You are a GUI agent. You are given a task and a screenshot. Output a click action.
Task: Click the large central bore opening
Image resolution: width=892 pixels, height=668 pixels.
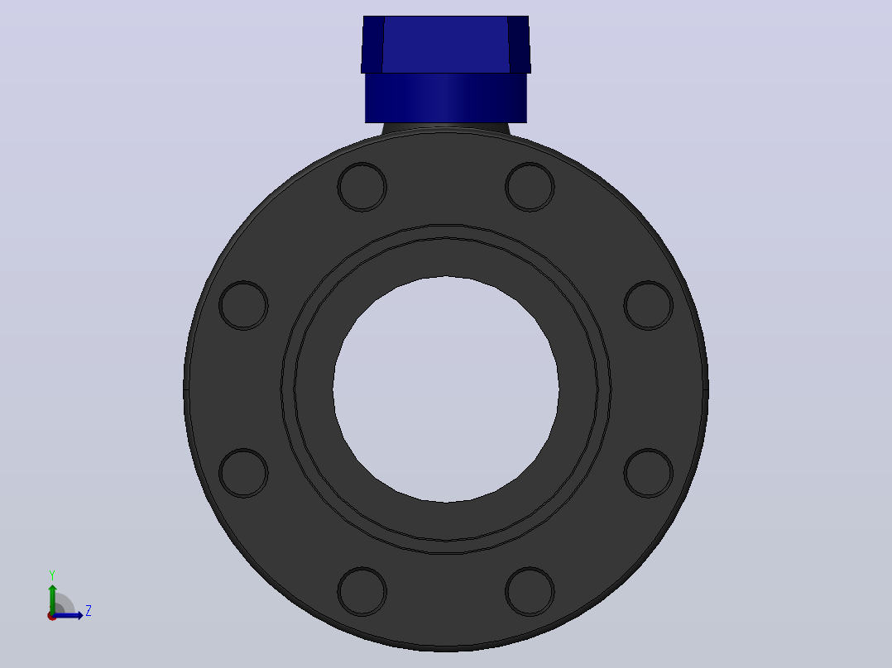click(x=446, y=389)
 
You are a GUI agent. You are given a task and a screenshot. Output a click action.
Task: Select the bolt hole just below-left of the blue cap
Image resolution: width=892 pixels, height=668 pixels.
click(x=362, y=187)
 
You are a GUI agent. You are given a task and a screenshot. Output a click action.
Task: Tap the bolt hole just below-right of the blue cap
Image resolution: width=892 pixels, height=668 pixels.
click(x=530, y=187)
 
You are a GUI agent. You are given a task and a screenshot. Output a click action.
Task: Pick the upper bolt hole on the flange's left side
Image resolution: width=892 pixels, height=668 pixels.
click(x=243, y=305)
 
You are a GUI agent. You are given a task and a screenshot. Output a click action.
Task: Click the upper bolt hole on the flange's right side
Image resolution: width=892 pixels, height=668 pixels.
click(x=649, y=305)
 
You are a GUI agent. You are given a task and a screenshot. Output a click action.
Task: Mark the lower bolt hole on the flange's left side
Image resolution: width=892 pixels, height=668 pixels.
click(x=243, y=473)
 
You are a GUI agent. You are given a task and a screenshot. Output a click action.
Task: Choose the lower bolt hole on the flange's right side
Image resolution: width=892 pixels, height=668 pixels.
click(x=649, y=473)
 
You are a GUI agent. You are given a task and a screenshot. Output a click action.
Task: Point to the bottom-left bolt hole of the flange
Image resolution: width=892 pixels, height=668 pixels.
click(x=362, y=591)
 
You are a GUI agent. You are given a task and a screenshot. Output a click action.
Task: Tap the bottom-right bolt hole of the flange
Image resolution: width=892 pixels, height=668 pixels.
click(x=530, y=591)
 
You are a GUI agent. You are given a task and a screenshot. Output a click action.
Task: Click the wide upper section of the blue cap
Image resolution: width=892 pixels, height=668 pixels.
click(x=446, y=45)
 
